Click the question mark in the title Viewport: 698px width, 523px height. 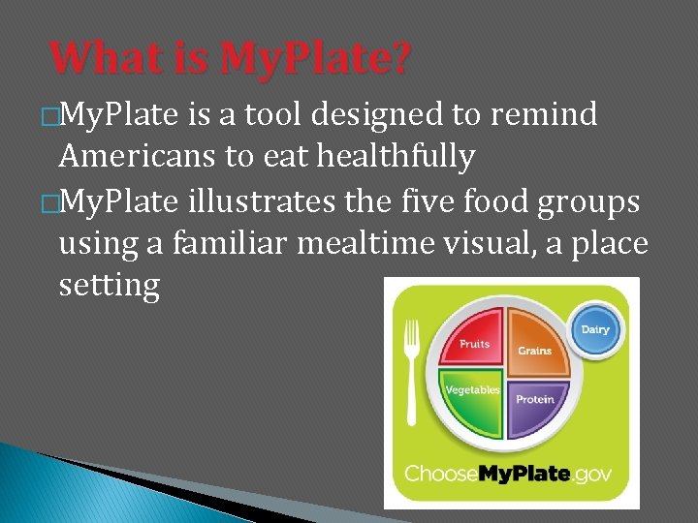398,57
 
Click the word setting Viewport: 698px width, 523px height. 109,286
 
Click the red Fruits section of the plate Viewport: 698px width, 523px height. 471,338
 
